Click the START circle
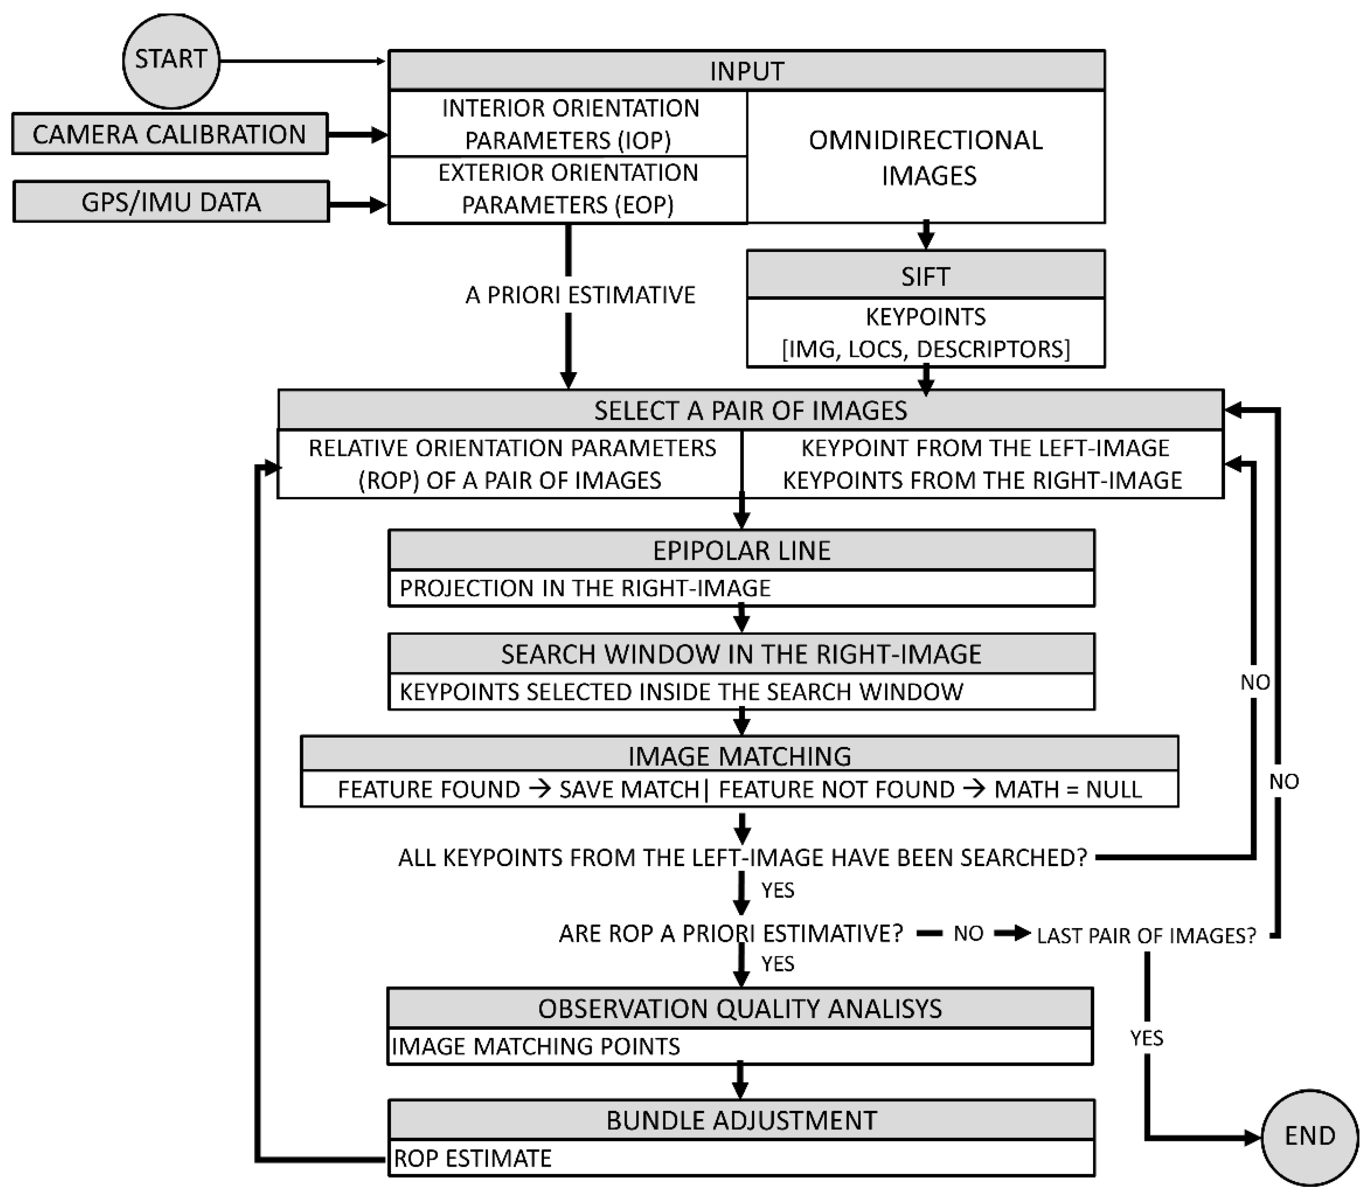tap(171, 60)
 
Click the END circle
tap(1310, 1136)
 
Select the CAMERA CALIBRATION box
tap(170, 134)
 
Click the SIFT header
tap(925, 276)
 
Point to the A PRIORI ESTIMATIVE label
tap(579, 295)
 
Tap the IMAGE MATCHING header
tap(740, 756)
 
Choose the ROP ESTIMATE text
tap(472, 1159)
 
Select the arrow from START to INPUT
tap(303, 61)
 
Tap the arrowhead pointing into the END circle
tap(1252, 1138)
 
